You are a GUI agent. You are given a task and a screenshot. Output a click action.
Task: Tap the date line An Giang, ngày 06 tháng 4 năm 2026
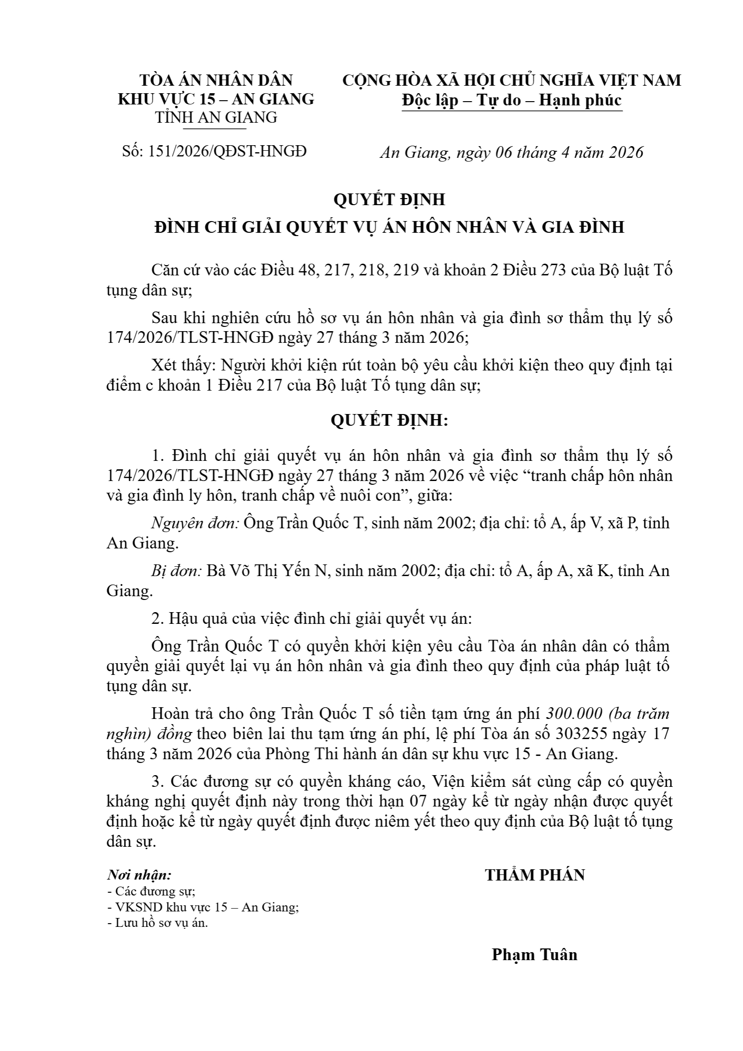511,152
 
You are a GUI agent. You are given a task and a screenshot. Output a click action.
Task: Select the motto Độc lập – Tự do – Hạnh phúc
512,100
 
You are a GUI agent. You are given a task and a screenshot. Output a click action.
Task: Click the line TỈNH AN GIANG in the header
216,117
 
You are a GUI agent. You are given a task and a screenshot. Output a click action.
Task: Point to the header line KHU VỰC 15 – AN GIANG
216,99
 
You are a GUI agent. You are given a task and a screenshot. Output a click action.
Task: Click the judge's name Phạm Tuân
534,954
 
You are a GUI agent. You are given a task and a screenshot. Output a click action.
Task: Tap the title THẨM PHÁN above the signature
535,875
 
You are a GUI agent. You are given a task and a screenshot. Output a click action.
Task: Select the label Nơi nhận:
139,874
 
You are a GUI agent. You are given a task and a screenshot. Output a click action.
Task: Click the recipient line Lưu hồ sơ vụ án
157,923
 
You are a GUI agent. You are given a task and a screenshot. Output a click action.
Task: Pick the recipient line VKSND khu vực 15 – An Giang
203,907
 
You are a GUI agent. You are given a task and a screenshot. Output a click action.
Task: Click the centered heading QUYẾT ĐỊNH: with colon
389,420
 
